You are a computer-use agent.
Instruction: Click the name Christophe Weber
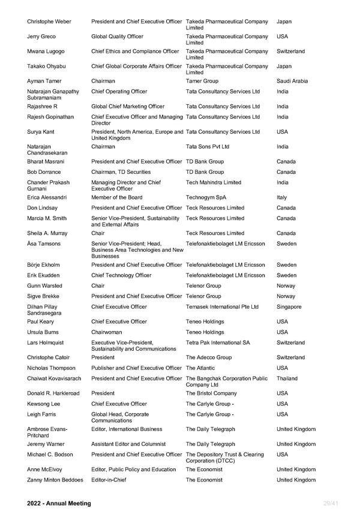tap(49, 22)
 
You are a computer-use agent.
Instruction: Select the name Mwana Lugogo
tap(46, 52)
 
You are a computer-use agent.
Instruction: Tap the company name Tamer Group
tap(202, 81)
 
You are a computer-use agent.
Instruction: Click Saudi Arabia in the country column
tap(292, 81)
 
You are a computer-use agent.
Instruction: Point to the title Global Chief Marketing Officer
tap(128, 106)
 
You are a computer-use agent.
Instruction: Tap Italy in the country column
tap(282, 197)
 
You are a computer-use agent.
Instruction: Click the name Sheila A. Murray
tap(51, 233)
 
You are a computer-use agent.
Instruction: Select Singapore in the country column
tap(289, 307)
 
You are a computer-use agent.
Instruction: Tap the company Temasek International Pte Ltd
tap(222, 307)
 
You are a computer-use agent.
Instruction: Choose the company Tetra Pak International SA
tap(218, 343)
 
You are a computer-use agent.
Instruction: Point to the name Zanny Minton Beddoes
tap(55, 480)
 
